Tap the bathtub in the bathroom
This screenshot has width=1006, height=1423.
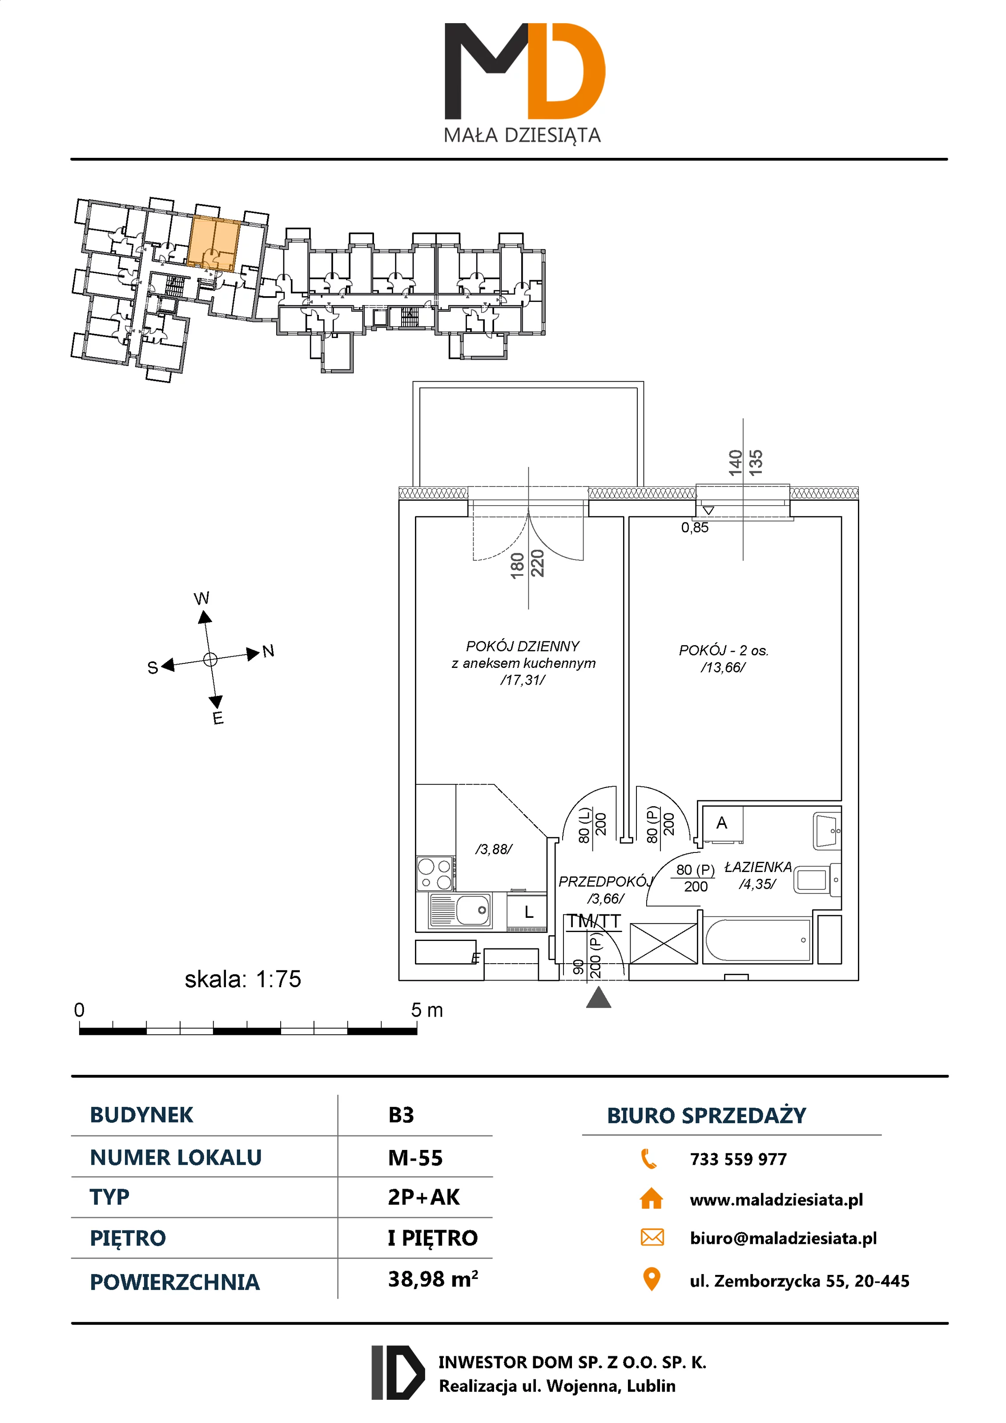point(757,940)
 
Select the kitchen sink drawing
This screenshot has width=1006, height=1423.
point(460,910)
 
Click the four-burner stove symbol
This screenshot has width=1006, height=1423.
point(435,873)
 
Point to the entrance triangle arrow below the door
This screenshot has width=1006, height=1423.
point(598,998)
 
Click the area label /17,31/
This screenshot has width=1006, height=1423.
point(523,680)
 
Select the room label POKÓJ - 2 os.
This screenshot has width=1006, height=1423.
point(723,650)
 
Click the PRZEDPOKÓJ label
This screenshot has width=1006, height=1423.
point(605,881)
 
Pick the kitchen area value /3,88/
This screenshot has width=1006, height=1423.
point(493,849)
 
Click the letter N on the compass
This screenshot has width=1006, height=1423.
point(268,651)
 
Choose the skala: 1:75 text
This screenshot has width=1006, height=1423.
point(242,979)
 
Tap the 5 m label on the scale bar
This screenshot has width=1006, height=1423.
point(427,1010)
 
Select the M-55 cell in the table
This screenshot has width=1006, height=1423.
point(415,1158)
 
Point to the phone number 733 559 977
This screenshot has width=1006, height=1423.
point(738,1159)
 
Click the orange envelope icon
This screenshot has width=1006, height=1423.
point(652,1238)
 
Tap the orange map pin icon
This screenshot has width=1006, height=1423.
point(652,1279)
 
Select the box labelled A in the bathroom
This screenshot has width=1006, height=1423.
point(721,824)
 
